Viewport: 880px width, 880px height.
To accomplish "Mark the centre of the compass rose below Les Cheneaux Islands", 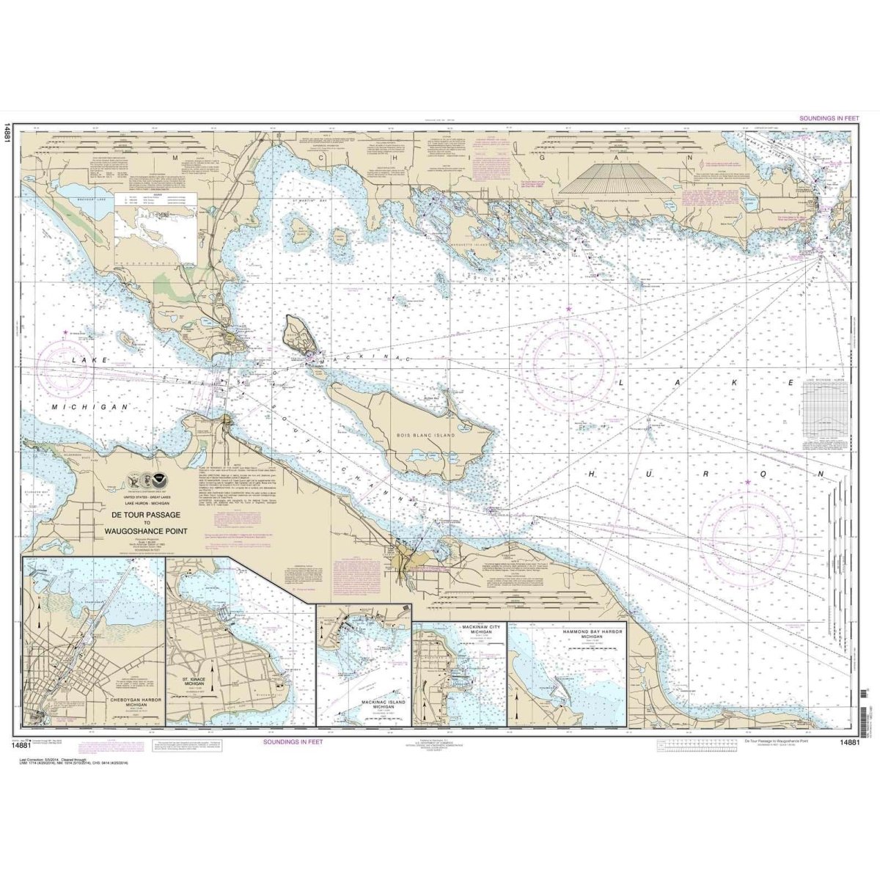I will [x=569, y=359].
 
